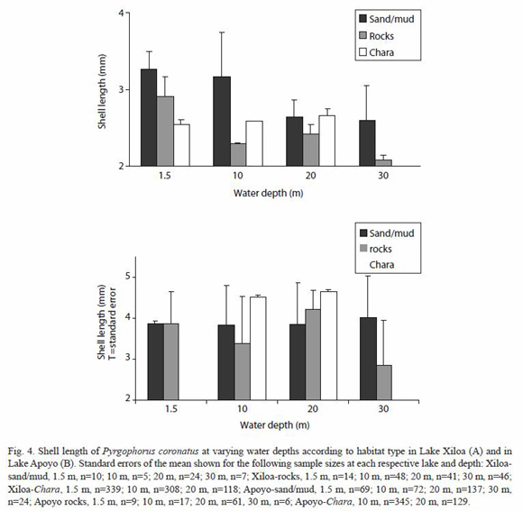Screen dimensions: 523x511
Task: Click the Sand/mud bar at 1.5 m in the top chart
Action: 149,117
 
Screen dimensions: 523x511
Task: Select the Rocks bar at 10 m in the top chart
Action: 238,155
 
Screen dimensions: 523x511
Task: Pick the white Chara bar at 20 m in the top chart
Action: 326,141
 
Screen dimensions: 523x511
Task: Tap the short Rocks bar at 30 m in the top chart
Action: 383,162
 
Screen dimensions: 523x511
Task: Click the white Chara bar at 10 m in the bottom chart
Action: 258,349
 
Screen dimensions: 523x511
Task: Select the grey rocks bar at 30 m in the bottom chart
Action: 384,383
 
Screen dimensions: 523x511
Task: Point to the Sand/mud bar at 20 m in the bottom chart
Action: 298,362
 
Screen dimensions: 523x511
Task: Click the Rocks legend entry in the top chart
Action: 377,36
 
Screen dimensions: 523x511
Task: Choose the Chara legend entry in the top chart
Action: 377,52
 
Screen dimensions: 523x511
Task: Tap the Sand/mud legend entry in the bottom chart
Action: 387,233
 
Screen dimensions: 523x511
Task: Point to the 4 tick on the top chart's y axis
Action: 124,13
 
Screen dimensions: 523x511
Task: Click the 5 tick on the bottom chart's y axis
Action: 131,277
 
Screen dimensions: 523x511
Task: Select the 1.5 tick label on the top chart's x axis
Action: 165,176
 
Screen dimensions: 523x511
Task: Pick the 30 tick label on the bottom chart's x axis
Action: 383,408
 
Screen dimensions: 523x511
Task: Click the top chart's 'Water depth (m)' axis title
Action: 268,193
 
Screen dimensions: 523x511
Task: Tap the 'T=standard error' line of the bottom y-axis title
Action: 112,324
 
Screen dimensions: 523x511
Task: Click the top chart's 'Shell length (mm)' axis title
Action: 102,92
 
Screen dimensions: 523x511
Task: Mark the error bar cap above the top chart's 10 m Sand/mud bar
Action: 222,32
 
